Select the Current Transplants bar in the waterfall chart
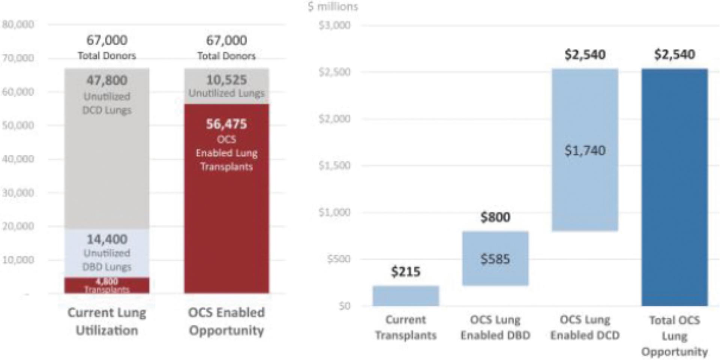tap(406, 296)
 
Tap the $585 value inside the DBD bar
tap(495, 259)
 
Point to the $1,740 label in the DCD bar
tap(585, 150)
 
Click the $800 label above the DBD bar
tap(495, 217)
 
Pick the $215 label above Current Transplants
tap(406, 271)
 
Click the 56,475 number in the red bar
tap(227, 124)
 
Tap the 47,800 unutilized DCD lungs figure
tap(107, 80)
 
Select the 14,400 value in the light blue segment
tap(107, 239)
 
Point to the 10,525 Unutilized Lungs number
tap(227, 80)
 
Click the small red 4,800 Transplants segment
tap(107, 285)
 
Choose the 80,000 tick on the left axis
tap(18, 25)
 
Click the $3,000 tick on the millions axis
tap(334, 25)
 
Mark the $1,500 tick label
tap(334, 165)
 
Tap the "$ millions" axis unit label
tap(333, 7)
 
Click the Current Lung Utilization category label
tap(107, 321)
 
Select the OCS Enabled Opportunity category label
tap(227, 321)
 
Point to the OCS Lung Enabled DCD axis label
tap(585, 327)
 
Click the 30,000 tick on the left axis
tap(18, 193)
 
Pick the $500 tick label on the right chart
tap(338, 259)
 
